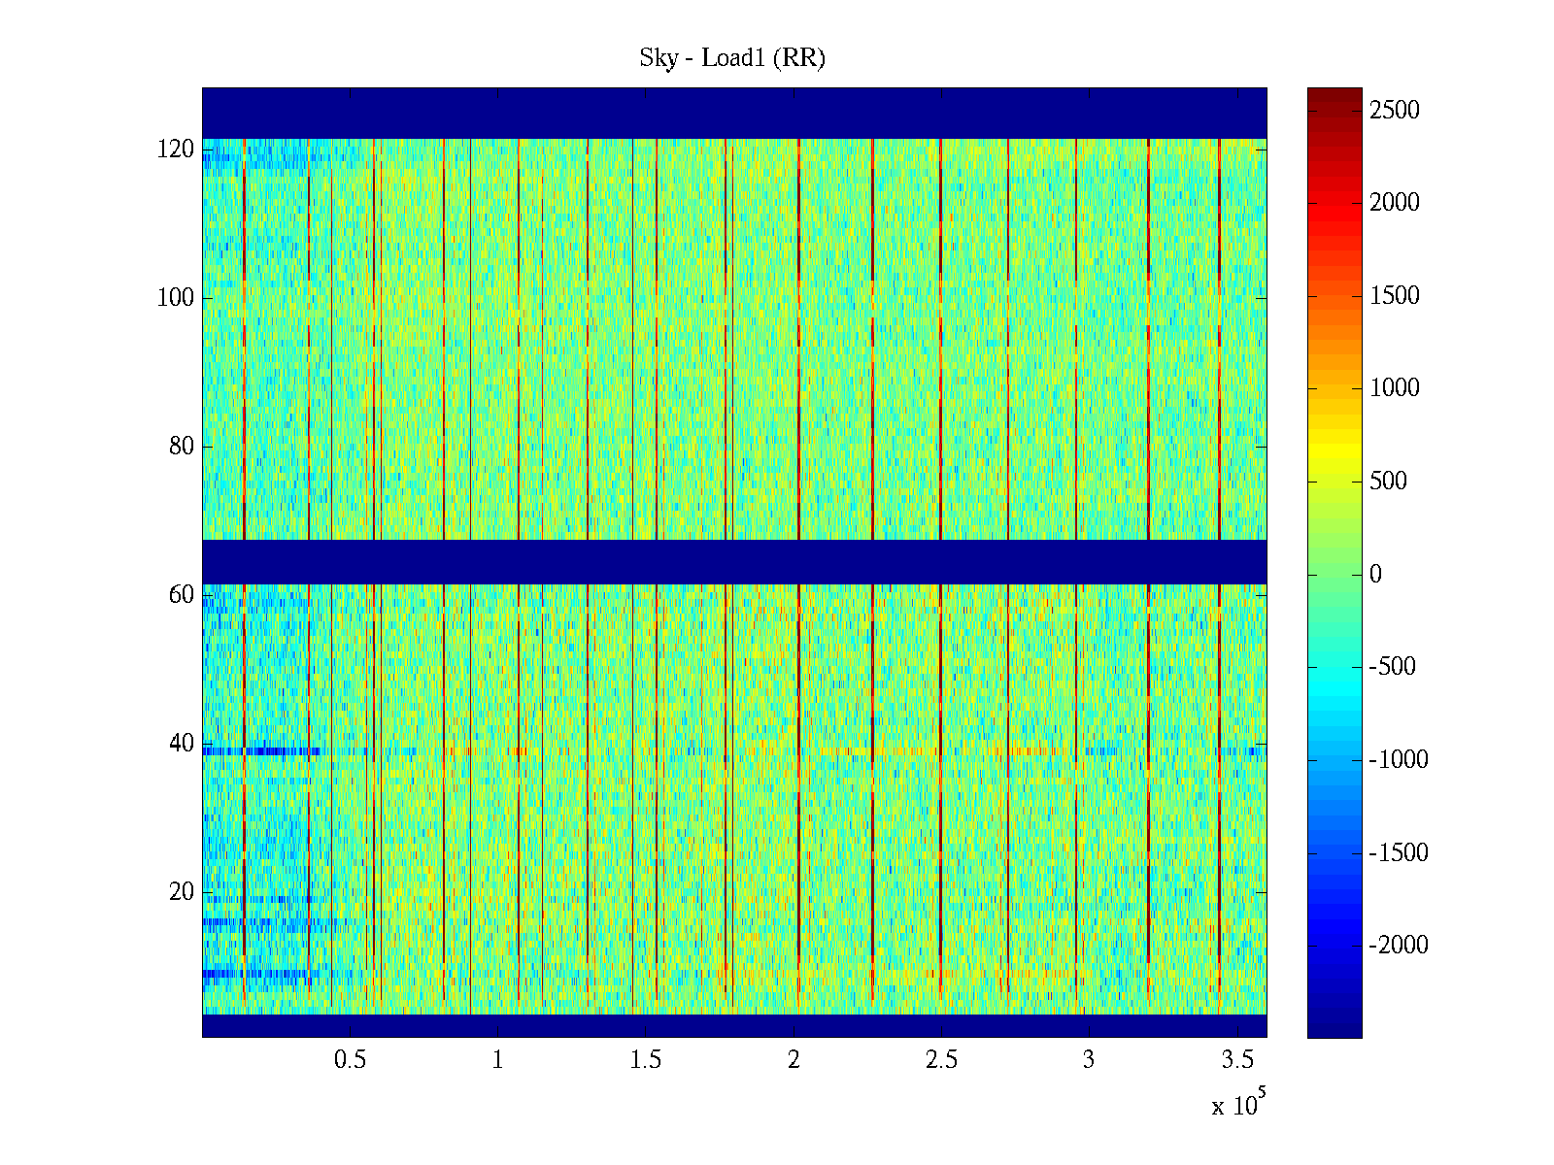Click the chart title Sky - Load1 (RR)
pyautogui.click(x=732, y=58)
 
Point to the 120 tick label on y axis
pyautogui.click(x=176, y=150)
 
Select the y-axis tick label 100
pyautogui.click(x=176, y=298)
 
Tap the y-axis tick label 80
pyautogui.click(x=182, y=447)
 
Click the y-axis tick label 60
pyautogui.click(x=182, y=595)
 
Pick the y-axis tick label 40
pyautogui.click(x=182, y=744)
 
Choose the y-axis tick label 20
pyautogui.click(x=182, y=892)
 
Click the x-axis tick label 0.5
pyautogui.click(x=350, y=1060)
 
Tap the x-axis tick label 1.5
pyautogui.click(x=646, y=1060)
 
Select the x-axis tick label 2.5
pyautogui.click(x=941, y=1060)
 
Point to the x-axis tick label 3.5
pyautogui.click(x=1236, y=1060)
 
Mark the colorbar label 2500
pyautogui.click(x=1395, y=111)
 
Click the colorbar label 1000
pyautogui.click(x=1395, y=388)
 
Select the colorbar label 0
pyautogui.click(x=1375, y=575)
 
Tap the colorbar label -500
pyautogui.click(x=1392, y=667)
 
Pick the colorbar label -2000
pyautogui.click(x=1399, y=946)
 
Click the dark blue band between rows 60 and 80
pyautogui.click(x=734, y=562)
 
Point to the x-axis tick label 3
pyautogui.click(x=1089, y=1060)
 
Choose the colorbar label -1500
pyautogui.click(x=1399, y=853)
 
